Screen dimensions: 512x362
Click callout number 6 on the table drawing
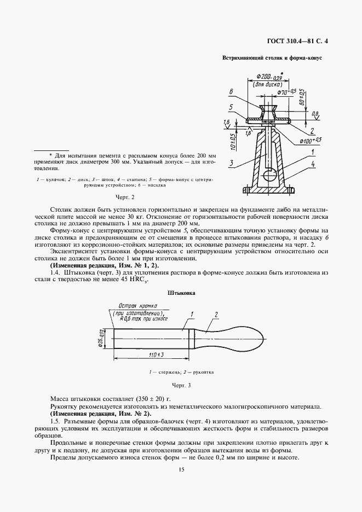(232, 91)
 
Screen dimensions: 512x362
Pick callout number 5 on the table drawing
(232, 107)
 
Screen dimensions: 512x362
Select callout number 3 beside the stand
(232, 163)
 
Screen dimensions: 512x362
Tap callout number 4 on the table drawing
(313, 163)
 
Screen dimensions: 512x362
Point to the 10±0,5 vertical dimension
(233, 141)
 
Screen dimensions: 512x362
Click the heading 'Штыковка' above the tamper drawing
(181, 293)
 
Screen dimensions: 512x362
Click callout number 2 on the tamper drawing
(216, 314)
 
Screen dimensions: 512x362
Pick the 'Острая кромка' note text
(135, 306)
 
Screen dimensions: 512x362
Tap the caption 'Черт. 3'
(181, 385)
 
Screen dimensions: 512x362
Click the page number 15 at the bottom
(181, 469)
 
